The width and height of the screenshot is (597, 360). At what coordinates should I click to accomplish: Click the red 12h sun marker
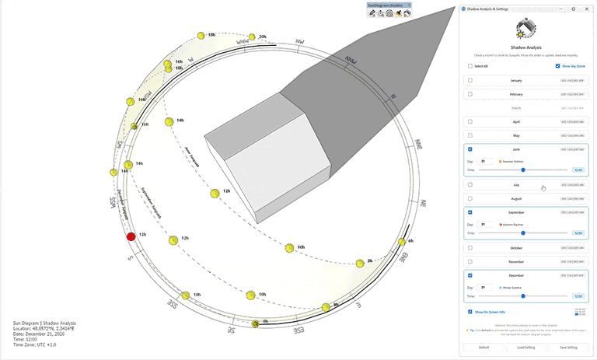point(131,236)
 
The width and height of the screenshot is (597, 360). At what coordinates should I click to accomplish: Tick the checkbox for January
point(470,80)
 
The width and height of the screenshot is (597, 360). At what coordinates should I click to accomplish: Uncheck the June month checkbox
point(470,149)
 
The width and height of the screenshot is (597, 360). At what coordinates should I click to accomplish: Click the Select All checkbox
point(470,66)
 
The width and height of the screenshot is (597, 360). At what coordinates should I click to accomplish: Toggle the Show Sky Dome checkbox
point(558,66)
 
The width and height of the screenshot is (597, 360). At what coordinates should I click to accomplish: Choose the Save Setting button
point(567,347)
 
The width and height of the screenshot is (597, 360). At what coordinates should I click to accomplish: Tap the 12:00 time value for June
point(578,169)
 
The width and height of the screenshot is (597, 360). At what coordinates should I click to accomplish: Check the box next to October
point(470,248)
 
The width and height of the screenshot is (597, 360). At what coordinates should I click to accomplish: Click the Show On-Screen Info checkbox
point(470,311)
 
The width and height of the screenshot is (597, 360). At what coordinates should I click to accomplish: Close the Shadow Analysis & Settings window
point(587,9)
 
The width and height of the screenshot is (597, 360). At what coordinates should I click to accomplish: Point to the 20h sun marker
point(253,37)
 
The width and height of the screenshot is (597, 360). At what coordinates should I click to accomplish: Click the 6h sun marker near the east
point(402,242)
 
